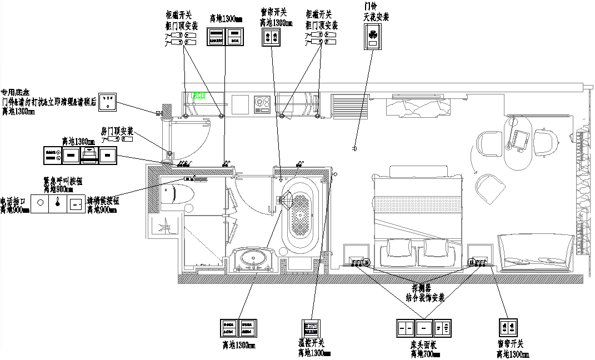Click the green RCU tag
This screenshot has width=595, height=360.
coord(198,95)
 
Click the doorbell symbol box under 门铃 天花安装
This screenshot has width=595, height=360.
coord(372,37)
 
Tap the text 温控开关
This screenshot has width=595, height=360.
coord(311,342)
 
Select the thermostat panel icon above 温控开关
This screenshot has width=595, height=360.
coord(312,328)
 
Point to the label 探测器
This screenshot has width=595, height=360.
coord(422,288)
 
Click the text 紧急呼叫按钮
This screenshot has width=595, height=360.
coord(63,181)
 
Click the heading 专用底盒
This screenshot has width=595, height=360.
coord(14,92)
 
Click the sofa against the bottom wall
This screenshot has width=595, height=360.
coord(536,253)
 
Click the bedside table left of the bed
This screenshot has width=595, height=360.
coord(358,254)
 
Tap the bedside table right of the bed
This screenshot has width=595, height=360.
coord(479,254)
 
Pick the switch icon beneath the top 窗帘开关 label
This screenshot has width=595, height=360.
coord(272,37)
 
